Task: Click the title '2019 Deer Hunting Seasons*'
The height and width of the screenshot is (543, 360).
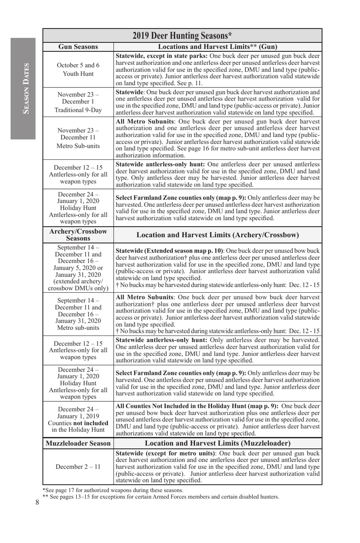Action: [x=182, y=36]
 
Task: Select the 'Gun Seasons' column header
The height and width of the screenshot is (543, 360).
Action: [x=78, y=47]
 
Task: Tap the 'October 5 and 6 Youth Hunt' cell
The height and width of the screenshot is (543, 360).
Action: [x=78, y=69]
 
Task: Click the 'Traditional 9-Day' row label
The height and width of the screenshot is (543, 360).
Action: [x=78, y=110]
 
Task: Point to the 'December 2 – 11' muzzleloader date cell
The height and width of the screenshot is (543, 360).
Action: [x=78, y=467]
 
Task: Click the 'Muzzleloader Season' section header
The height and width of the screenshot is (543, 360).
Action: [x=78, y=443]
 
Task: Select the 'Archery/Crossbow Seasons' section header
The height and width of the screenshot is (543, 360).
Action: [x=78, y=235]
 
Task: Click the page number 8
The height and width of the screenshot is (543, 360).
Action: [x=37, y=502]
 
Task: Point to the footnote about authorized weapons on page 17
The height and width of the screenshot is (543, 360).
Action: [x=113, y=490]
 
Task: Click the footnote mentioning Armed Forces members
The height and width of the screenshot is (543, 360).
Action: [x=161, y=497]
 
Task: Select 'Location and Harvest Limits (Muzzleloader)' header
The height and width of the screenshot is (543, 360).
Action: [x=218, y=443]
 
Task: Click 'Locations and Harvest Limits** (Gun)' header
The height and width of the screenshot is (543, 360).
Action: [x=218, y=47]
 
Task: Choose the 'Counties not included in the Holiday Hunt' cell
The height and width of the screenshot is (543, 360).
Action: [x=78, y=420]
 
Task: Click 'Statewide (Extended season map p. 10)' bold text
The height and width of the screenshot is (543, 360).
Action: [x=169, y=251]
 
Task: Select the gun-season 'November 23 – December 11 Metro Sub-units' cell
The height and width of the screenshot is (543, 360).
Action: [x=78, y=138]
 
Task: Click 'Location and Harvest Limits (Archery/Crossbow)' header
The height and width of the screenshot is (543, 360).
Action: [x=218, y=235]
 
